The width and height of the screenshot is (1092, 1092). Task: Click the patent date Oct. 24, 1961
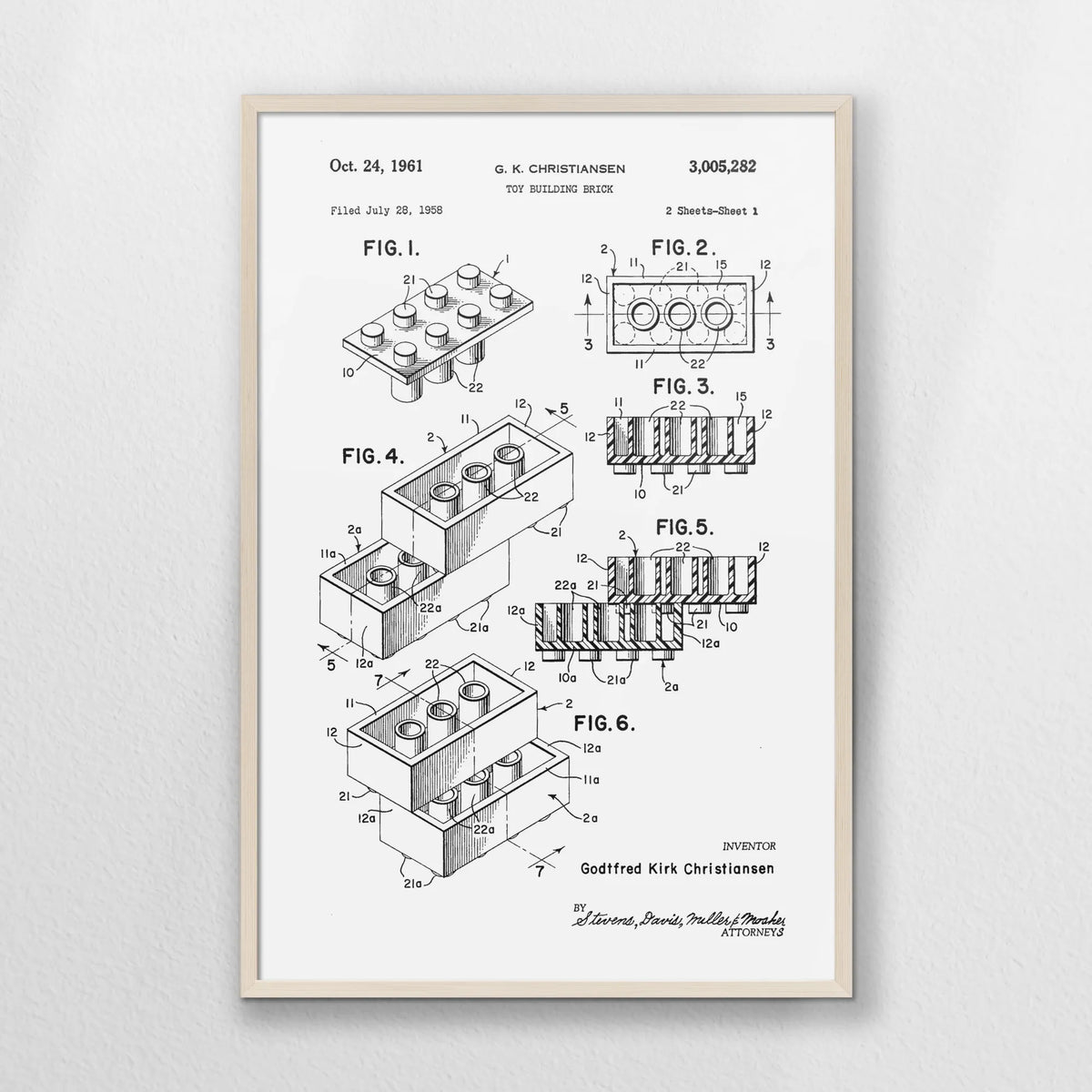coord(376,166)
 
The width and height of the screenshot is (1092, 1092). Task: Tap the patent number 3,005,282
coord(723,166)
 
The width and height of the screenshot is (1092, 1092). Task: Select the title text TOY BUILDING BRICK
coord(560,189)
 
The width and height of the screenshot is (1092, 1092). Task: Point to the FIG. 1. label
coord(391,248)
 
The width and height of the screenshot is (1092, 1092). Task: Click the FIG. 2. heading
coord(683,248)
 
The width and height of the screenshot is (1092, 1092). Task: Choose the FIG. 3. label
coord(683,387)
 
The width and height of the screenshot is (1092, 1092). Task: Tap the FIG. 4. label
coord(373,456)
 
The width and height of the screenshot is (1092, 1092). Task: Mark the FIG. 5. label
coord(684,528)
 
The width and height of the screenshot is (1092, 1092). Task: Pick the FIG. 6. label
coord(604,723)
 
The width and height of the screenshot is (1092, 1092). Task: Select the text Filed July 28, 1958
coord(387,211)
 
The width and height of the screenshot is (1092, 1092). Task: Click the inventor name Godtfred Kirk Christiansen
coord(677,868)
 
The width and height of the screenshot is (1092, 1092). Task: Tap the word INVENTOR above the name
coord(749,846)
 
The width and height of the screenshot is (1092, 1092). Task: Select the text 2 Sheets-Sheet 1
coord(712,211)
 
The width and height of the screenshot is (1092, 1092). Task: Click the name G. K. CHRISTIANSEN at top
coord(560,169)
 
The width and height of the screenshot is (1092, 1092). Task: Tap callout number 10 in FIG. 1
coord(349,372)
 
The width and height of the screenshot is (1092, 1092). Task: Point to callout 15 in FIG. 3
coord(740,397)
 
